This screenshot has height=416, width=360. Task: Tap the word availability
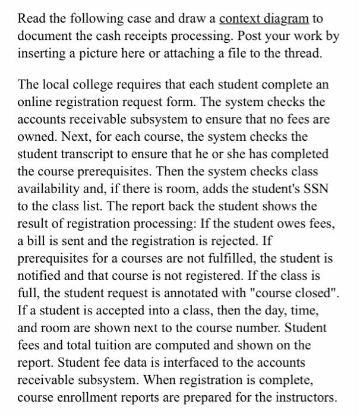(46, 189)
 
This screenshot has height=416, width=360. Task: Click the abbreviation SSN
(315, 189)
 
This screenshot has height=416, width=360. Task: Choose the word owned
(36, 137)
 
